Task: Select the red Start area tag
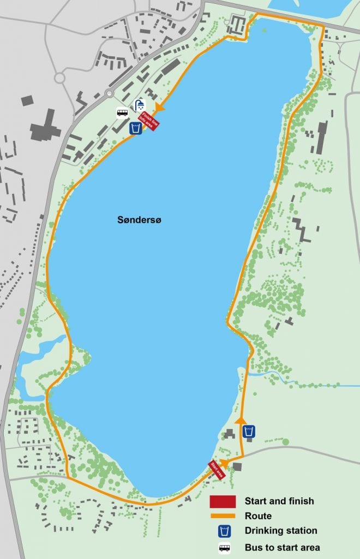click(x=217, y=470)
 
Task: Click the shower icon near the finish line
click(x=140, y=105)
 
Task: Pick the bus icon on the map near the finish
click(x=123, y=113)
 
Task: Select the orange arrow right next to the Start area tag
click(x=224, y=463)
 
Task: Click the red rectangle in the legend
click(x=223, y=501)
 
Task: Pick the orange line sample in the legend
click(x=223, y=516)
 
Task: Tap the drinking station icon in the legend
click(x=223, y=531)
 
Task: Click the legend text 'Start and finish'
click(x=279, y=501)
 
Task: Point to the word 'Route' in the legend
click(x=258, y=516)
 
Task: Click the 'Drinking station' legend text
click(x=281, y=531)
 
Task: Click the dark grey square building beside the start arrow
click(x=237, y=466)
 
